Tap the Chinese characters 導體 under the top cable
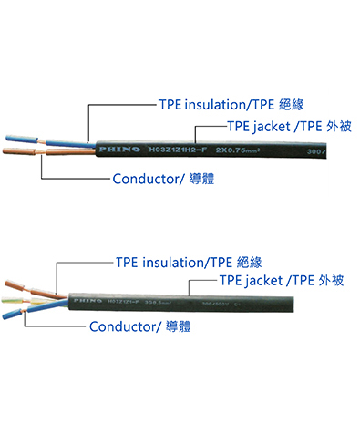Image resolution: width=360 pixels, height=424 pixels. click(208, 179)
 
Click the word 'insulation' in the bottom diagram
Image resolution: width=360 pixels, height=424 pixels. click(174, 262)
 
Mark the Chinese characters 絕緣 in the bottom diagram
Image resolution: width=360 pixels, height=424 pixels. click(262, 262)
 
